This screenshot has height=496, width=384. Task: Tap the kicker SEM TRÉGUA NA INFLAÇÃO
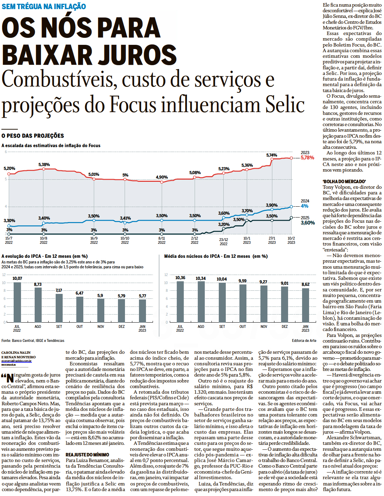pos(44,6)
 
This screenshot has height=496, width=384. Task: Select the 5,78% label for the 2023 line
pos(307,158)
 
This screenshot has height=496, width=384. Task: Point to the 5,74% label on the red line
pos(272,155)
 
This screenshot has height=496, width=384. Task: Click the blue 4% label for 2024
pos(305,206)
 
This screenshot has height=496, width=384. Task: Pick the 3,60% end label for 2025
pos(307,223)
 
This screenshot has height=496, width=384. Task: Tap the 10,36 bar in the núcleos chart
pos(180,302)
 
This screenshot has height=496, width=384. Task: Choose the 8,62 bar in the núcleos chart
pos(306,305)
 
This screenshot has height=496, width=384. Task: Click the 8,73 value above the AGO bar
pos(38,284)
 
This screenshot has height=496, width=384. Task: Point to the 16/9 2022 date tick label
pos(94,240)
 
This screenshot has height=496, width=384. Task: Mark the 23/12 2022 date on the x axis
pos(223,242)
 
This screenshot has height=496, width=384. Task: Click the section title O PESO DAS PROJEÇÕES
pos(33,136)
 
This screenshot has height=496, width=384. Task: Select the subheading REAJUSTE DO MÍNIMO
pos(87,455)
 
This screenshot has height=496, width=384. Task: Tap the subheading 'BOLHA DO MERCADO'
pos(344,181)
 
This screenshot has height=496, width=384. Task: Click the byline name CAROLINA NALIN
pos(16,352)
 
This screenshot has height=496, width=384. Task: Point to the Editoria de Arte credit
pos(304,340)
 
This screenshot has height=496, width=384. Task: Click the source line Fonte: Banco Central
pos(33,340)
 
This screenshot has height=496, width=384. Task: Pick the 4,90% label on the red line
pos(162,177)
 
